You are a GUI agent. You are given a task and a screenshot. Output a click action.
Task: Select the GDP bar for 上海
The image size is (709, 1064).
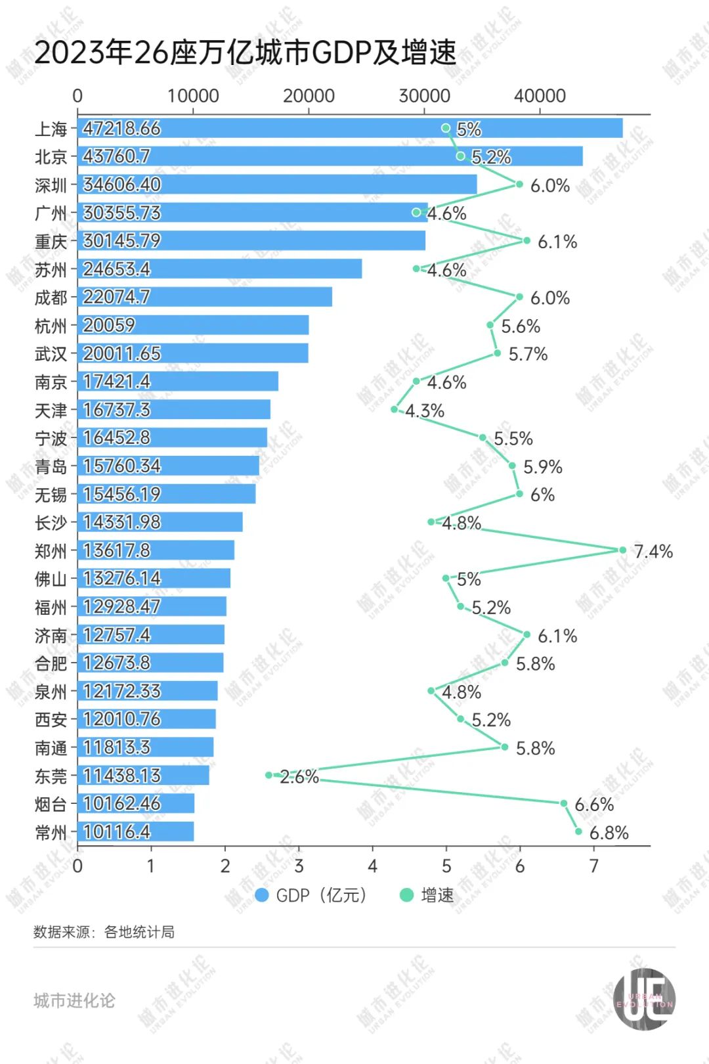(x=350, y=128)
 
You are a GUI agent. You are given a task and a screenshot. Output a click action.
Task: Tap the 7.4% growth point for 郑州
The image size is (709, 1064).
(x=622, y=550)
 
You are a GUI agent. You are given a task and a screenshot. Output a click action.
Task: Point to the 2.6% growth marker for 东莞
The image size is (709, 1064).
(x=269, y=775)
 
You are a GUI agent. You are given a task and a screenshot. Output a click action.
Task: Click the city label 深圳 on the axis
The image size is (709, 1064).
(x=51, y=185)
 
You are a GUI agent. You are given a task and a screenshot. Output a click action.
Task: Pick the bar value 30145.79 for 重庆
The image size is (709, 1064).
(x=122, y=241)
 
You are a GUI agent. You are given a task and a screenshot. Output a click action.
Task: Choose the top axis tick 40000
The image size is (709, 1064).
(x=540, y=96)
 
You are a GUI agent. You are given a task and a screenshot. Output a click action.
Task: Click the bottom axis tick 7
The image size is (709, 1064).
(x=594, y=866)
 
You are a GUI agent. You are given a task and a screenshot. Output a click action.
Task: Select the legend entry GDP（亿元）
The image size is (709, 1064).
(x=311, y=895)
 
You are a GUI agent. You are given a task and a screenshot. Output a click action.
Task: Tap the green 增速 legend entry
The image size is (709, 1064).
(x=427, y=895)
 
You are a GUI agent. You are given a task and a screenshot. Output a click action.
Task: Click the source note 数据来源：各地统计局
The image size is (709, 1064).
(x=104, y=932)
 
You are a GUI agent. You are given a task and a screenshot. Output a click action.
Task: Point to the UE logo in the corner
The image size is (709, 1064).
(x=644, y=999)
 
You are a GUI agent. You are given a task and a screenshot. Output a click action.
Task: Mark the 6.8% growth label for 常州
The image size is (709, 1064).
(x=609, y=833)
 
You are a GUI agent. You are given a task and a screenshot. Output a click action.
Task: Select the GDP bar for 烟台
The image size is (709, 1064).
(x=136, y=803)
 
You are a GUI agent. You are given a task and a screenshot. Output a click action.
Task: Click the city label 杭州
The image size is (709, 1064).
(x=51, y=326)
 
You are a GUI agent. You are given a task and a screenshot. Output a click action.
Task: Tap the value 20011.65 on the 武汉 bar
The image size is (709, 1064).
(x=122, y=353)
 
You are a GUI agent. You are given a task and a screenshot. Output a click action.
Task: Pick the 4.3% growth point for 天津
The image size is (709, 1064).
(x=394, y=409)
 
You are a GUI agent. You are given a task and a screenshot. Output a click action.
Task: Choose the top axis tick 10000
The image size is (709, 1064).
(x=193, y=96)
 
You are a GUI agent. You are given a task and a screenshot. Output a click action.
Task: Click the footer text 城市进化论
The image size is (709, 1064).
(x=74, y=1000)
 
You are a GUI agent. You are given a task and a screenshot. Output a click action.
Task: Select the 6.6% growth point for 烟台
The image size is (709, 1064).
(x=563, y=803)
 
